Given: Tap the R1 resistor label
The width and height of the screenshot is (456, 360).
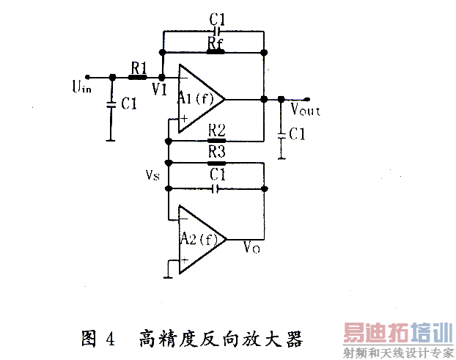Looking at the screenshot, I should (x=138, y=66).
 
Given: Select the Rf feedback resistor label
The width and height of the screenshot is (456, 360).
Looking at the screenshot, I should (x=215, y=43).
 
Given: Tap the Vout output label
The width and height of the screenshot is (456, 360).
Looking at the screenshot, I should (x=305, y=111).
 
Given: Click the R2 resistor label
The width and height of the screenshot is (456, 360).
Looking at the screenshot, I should (x=216, y=129).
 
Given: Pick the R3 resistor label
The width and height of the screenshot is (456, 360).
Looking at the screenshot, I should (x=216, y=153).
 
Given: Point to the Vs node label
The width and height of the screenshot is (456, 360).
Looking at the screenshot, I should (x=152, y=176).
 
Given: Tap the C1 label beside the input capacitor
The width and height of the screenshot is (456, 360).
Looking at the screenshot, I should (x=129, y=105).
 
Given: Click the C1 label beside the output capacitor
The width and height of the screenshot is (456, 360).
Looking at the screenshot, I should (x=297, y=134).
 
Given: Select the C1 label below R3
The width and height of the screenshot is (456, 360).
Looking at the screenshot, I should (x=216, y=175).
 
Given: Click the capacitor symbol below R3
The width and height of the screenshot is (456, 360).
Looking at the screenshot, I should (x=215, y=189).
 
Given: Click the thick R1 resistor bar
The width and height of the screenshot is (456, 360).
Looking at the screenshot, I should (x=137, y=76).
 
